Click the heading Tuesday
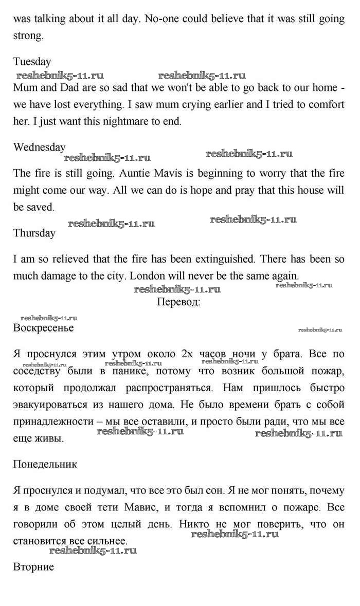point(32,62)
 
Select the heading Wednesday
point(39,147)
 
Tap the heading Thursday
point(34,233)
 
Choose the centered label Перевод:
point(178,302)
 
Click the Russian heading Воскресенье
point(43,327)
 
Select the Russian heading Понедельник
point(45,464)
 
